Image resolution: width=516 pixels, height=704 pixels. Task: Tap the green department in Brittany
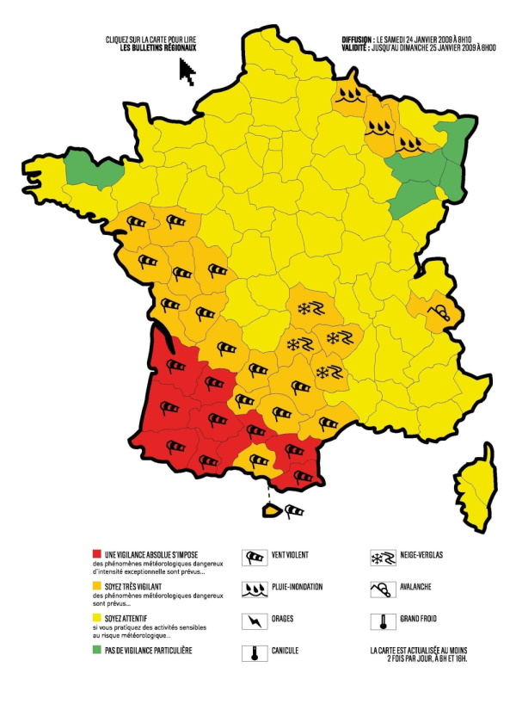(91, 169)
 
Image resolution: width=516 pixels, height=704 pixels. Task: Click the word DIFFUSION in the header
(356, 40)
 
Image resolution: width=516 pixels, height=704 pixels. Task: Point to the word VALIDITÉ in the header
(354, 48)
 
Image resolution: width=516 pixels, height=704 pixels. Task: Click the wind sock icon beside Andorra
(294, 510)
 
